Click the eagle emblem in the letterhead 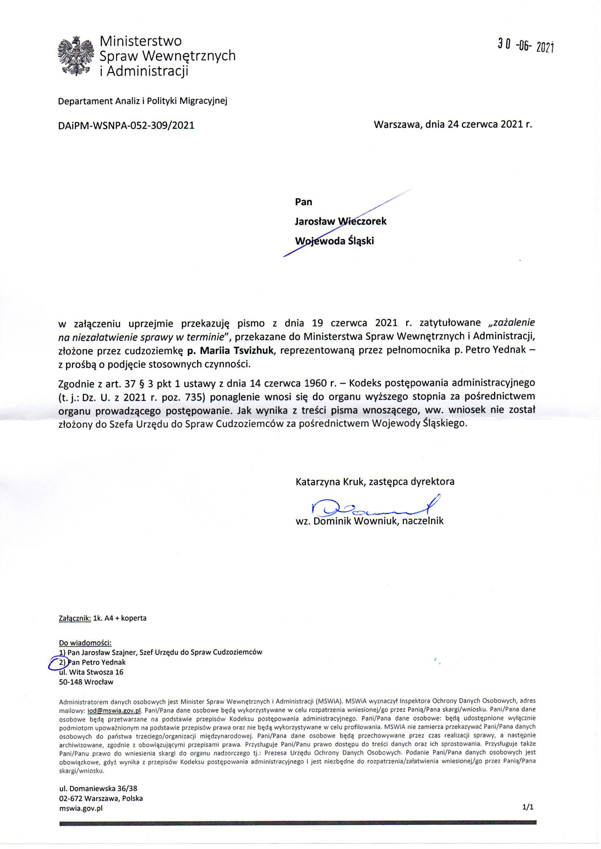pyautogui.click(x=75, y=56)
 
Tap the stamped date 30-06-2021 pyautogui.click(x=525, y=46)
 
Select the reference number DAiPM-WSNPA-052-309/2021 pyautogui.click(x=126, y=125)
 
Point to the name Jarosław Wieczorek pyautogui.click(x=340, y=221)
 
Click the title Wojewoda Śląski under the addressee pyautogui.click(x=334, y=241)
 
